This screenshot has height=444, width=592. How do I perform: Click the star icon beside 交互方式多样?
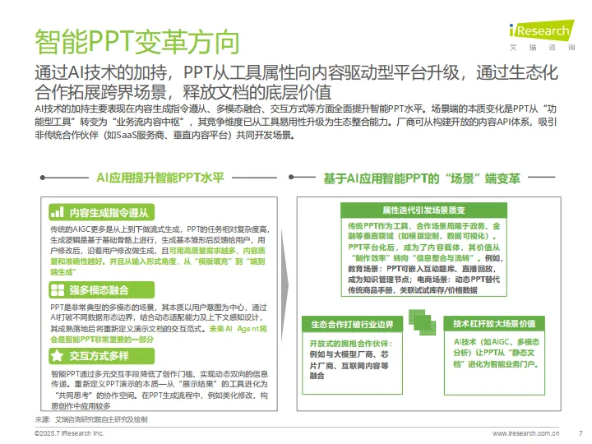coord(57,355)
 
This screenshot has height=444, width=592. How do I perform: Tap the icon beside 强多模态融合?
coord(57,289)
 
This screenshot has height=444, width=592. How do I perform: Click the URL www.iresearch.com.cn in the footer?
coord(525,432)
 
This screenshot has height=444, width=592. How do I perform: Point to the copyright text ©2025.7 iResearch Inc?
coord(70,432)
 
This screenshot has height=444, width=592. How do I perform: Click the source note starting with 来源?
coord(90,419)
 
